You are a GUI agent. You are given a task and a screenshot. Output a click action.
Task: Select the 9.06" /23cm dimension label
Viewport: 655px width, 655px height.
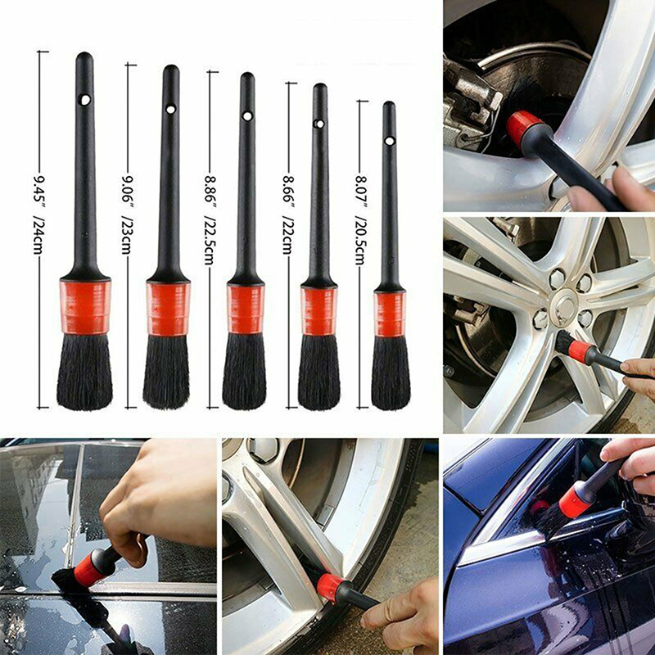126,215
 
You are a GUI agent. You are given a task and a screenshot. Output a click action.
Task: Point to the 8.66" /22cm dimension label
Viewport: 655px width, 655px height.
287,215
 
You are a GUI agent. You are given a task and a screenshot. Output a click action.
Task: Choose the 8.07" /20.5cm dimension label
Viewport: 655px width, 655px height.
360,219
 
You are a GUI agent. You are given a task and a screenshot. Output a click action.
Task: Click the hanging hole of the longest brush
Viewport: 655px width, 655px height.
85,100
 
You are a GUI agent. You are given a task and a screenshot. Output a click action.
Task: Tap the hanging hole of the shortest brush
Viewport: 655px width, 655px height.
390,141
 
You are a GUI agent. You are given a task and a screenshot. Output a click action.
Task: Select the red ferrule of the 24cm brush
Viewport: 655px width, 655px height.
85,307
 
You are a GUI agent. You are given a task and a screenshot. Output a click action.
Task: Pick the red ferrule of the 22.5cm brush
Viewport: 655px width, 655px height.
246,309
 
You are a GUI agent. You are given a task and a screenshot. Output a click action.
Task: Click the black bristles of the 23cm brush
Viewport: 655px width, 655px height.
166,372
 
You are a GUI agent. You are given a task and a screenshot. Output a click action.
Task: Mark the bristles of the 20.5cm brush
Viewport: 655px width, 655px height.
391,373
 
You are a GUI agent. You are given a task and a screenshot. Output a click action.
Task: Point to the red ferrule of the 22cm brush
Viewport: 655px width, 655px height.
318,311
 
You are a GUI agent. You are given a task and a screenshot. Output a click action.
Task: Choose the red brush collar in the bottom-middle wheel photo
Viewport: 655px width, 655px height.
329,586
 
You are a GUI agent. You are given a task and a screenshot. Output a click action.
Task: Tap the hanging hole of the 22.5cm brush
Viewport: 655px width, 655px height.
247,115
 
